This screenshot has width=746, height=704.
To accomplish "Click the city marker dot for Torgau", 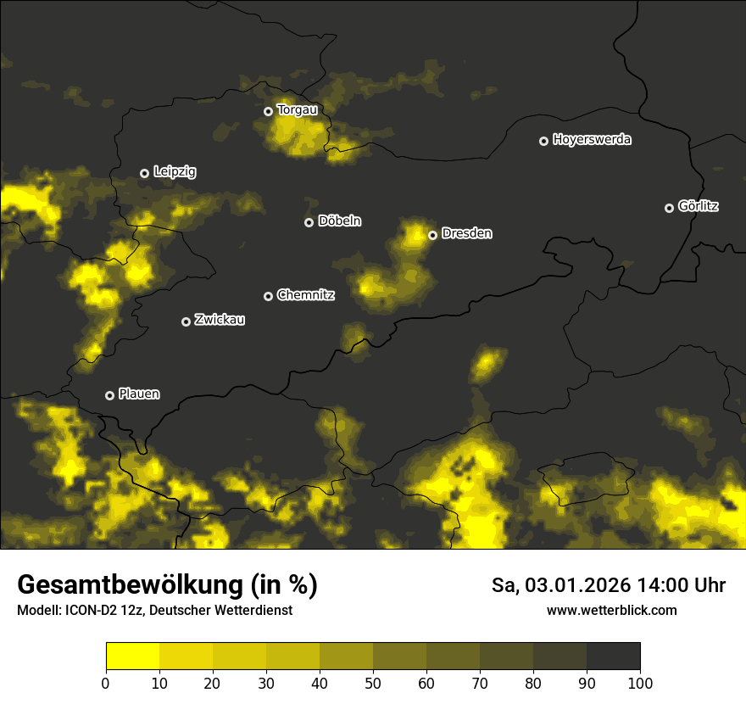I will point(268,111).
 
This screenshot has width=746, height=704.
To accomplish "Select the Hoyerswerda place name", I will point(592,140).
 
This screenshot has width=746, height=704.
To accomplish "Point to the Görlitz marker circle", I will point(669,208).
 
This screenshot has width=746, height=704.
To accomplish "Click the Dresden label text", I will point(466,233).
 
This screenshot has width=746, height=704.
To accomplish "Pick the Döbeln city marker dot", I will point(309,222).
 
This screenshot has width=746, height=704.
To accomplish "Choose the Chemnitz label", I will point(306,295).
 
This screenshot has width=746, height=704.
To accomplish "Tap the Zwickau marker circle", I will point(186,321).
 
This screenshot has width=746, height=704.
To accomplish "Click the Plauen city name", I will point(139,394).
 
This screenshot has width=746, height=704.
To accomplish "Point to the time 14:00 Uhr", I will point(678,585).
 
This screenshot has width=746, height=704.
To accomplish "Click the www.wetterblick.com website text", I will point(612,610).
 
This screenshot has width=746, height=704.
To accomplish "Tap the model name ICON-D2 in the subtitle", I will point(92,611).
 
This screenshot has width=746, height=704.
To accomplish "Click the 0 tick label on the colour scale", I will point(106,683).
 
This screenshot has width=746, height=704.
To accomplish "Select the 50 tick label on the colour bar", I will point(373,683).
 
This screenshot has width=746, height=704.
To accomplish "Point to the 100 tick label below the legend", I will point(640,683).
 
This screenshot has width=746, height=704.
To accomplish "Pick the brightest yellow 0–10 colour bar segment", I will point(132,656).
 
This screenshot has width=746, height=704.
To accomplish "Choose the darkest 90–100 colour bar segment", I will point(613,656).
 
